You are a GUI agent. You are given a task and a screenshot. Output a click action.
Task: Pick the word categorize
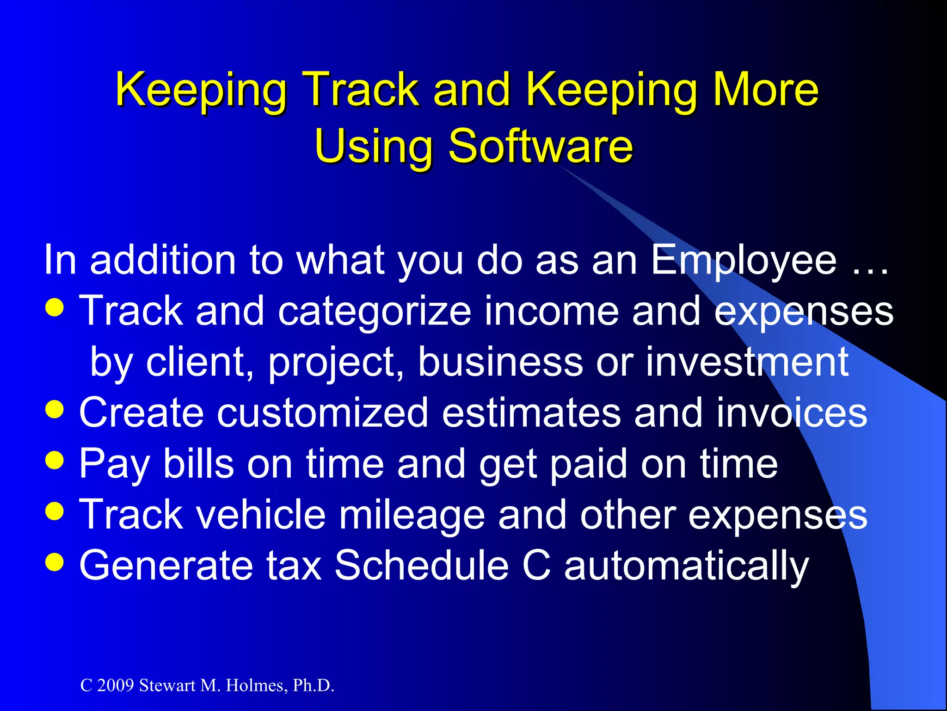375,312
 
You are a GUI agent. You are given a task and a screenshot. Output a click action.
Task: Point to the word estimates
531,413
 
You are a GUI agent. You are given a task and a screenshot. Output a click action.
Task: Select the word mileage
412,516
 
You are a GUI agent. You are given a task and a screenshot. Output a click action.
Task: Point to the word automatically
687,566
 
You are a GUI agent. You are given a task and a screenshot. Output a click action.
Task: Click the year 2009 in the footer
115,686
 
